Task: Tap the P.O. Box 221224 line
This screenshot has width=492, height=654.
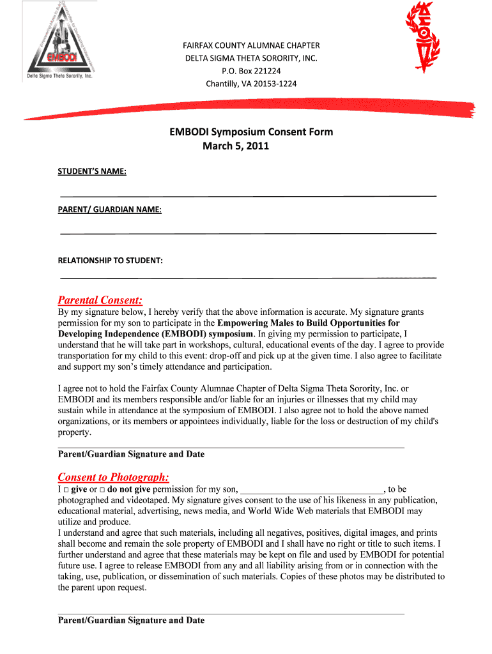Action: pyautogui.click(x=251, y=71)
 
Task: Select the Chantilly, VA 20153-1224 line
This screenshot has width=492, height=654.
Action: pyautogui.click(x=251, y=84)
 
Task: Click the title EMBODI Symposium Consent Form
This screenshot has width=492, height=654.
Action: pyautogui.click(x=251, y=132)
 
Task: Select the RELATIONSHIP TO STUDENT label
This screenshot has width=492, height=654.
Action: pyautogui.click(x=111, y=261)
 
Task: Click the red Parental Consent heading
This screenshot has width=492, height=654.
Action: pyautogui.click(x=100, y=300)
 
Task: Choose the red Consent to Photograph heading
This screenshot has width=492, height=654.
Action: pyautogui.click(x=113, y=477)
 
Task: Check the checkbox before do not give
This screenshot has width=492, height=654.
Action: pyautogui.click(x=102, y=490)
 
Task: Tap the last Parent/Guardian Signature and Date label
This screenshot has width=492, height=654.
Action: pyautogui.click(x=131, y=620)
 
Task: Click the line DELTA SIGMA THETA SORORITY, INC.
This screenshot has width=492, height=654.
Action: pyautogui.click(x=251, y=58)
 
